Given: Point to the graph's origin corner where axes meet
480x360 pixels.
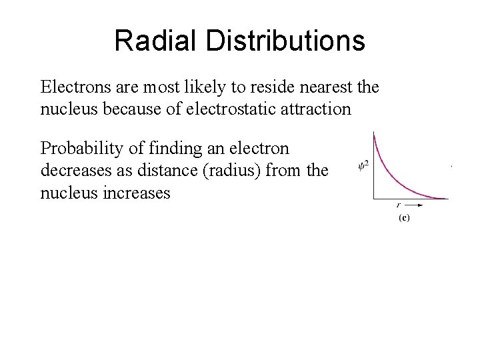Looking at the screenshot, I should point(374,199).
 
